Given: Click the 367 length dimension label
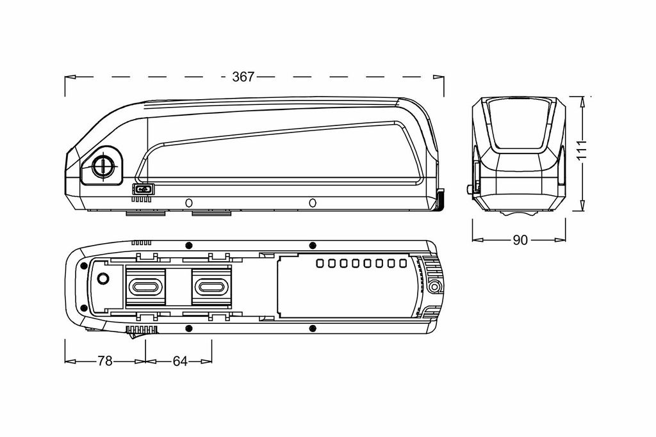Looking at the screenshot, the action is [243, 77].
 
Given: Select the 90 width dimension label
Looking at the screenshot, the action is [520, 240].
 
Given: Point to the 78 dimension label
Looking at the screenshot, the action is [105, 361].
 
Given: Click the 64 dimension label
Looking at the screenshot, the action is [180, 361].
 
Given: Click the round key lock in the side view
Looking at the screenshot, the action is [102, 167].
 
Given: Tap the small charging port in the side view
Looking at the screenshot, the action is [143, 189].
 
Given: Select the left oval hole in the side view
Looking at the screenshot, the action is [189, 203].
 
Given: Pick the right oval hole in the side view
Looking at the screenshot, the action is [312, 203].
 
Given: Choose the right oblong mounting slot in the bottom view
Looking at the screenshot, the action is [211, 287].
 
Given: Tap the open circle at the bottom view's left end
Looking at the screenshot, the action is [102, 278].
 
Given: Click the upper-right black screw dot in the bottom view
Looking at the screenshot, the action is [312, 245].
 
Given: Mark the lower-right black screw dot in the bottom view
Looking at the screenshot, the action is [312, 328].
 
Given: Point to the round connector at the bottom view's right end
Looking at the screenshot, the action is [435, 287].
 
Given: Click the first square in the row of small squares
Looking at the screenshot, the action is [320, 263].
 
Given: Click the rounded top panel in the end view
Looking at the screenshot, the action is [519, 123].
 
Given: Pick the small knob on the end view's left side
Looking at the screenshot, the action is [469, 189].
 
